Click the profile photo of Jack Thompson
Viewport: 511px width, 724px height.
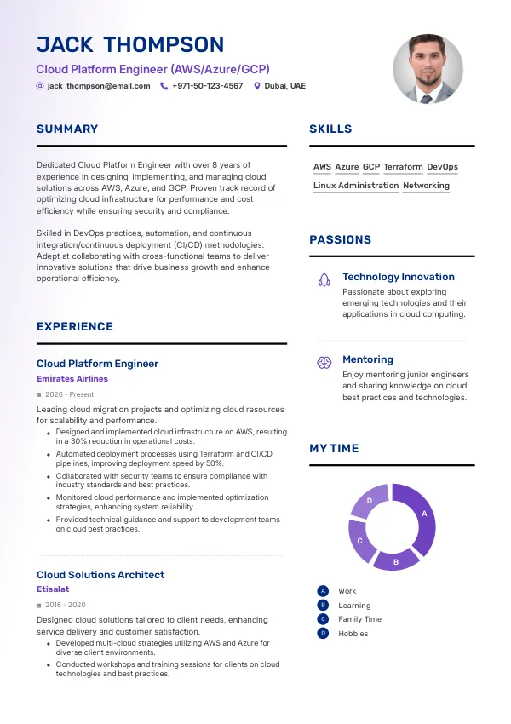(x=428, y=70)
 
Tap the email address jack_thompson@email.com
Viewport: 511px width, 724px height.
(x=99, y=86)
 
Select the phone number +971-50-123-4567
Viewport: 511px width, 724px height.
(x=207, y=86)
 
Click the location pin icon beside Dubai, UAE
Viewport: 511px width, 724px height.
(x=256, y=86)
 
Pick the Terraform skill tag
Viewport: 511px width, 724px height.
(x=403, y=167)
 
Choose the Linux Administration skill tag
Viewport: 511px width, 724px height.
(x=356, y=186)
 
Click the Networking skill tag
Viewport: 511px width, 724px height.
(x=426, y=186)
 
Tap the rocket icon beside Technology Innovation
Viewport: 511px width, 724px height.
(x=324, y=279)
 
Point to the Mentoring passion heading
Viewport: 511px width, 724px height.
(x=368, y=359)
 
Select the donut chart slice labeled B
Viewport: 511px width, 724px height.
(x=394, y=559)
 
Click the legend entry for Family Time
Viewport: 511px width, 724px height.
(x=359, y=619)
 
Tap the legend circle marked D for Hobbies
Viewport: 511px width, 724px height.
(x=323, y=634)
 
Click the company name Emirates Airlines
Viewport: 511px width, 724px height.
(x=72, y=379)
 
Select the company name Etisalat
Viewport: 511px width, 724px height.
(x=53, y=589)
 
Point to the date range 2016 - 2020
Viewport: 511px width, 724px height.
(x=65, y=605)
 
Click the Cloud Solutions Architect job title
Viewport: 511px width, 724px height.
(x=100, y=575)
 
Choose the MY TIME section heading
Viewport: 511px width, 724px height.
(x=334, y=449)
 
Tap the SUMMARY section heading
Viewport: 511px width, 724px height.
(x=67, y=129)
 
